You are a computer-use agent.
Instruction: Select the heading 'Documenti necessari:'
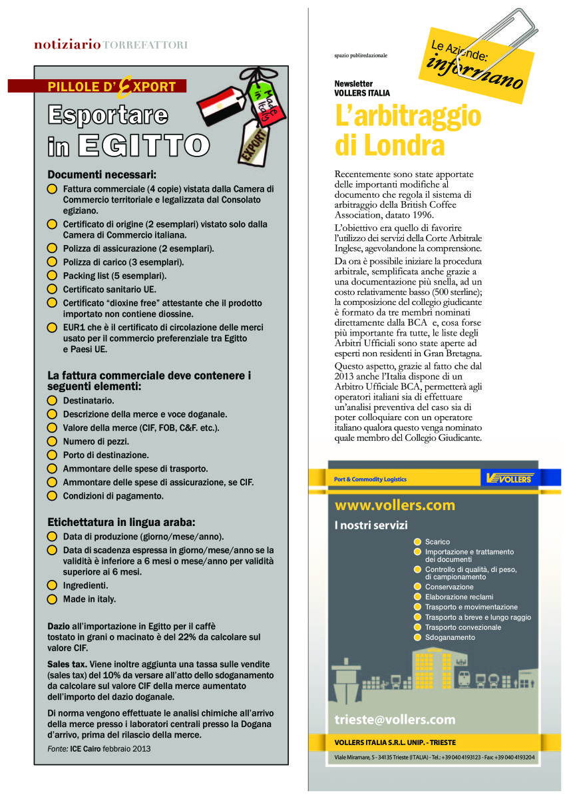pyautogui.click(x=102, y=175)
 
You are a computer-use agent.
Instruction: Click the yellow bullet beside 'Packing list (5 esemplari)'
pyautogui.click(x=53, y=275)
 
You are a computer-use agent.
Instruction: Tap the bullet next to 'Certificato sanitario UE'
pyautogui.click(x=53, y=289)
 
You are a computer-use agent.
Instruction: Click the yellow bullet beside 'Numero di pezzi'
pyautogui.click(x=53, y=441)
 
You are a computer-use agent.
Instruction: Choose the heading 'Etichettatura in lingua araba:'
pyautogui.click(x=121, y=522)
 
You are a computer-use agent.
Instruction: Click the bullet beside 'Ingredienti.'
pyautogui.click(x=53, y=585)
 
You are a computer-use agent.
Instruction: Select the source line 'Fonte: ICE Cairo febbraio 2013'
pyautogui.click(x=100, y=748)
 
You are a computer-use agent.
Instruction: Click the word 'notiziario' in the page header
pyautogui.click(x=67, y=45)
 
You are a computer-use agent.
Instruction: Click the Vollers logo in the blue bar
pyautogui.click(x=510, y=478)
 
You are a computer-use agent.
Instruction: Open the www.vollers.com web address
pyautogui.click(x=395, y=505)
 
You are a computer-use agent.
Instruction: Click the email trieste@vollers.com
pyautogui.click(x=395, y=719)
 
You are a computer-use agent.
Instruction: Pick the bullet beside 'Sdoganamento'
pyautogui.click(x=418, y=637)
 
